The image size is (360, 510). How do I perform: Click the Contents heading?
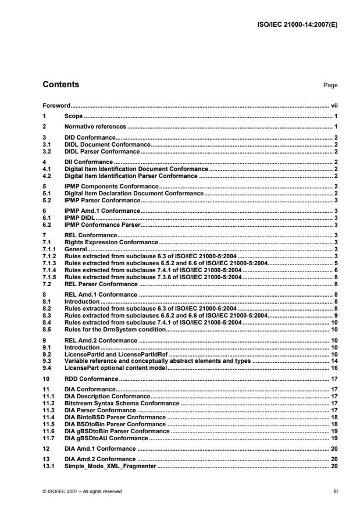[x=61, y=85]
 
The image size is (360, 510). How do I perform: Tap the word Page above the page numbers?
[x=330, y=85]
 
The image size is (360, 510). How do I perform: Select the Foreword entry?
[x=56, y=106]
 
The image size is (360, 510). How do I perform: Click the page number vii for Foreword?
[x=334, y=106]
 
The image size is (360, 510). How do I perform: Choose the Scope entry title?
[x=74, y=116]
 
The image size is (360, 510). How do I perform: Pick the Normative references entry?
[x=95, y=126]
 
